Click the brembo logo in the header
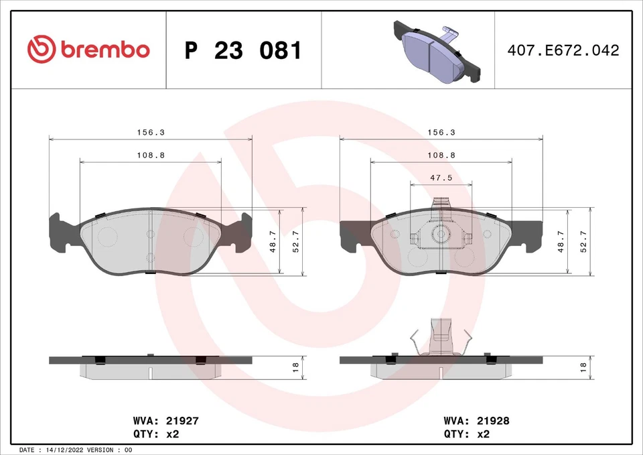[88, 49]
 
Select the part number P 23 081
[243, 50]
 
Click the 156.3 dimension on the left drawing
[151, 133]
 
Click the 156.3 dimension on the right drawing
[441, 133]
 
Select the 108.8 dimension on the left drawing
[151, 155]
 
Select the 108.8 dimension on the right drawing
[441, 155]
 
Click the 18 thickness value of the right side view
[583, 367]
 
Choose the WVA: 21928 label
[476, 421]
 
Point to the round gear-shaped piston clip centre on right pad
[441, 235]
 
